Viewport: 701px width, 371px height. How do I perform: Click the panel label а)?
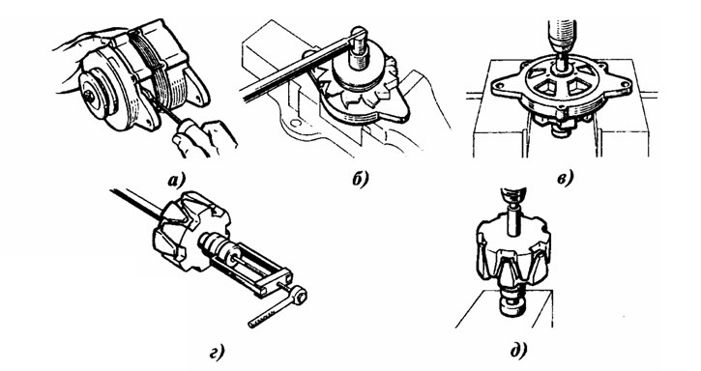(x=177, y=181)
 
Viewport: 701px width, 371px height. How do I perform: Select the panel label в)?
(x=565, y=179)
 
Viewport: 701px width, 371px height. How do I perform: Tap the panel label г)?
(x=217, y=352)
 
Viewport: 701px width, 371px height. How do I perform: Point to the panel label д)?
(x=518, y=350)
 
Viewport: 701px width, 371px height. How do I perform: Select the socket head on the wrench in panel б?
(x=358, y=48)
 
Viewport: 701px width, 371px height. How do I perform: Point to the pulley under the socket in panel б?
(x=357, y=77)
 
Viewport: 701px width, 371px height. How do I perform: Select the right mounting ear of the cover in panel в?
(x=622, y=84)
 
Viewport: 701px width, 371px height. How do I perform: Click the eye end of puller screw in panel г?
(x=299, y=295)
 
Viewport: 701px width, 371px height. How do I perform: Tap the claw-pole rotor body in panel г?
(x=191, y=230)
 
